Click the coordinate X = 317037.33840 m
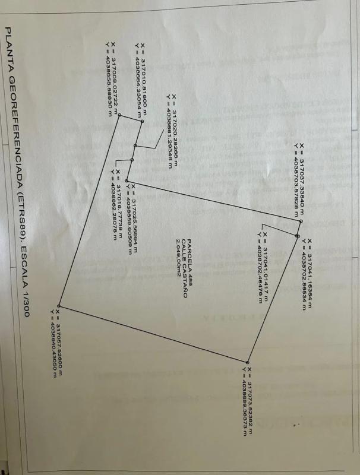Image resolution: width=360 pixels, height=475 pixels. coord(301,179)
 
